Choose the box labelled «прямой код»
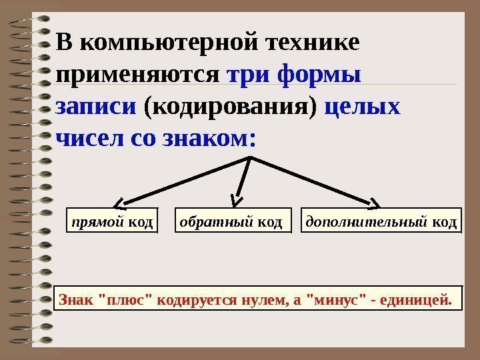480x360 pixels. pos(112,221)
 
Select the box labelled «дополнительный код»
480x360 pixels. pos(381,221)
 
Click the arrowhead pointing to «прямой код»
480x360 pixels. pos(119,203)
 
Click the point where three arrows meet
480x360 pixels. pos(251,157)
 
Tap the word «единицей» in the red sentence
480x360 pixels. pos(415,300)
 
